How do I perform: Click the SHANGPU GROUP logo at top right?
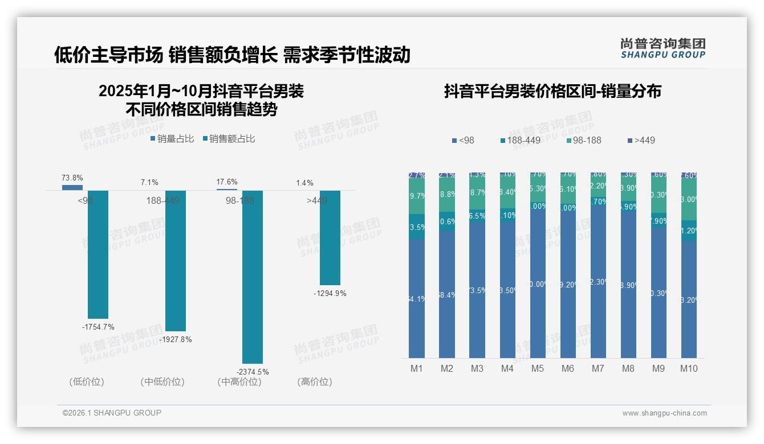pos(663,48)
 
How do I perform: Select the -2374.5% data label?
pos(253,372)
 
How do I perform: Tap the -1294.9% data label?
pos(330,293)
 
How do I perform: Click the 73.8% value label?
pos(72,178)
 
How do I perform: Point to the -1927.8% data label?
pos(176,339)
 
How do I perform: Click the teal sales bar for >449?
pos(330,237)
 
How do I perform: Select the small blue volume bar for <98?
pos(72,187)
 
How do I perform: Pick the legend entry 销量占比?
pos(172,138)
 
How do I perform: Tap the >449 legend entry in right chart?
pos(641,140)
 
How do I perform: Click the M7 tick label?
pos(598,368)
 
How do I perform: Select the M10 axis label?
pos(689,368)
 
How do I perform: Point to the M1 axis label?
pos(417,368)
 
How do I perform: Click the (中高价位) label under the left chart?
pos(239,382)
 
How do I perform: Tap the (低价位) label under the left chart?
pos(86,382)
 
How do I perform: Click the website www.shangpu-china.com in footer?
pos(664,413)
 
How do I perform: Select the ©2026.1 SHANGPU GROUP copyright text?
pos(112,413)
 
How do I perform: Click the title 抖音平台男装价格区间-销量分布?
pos(552,92)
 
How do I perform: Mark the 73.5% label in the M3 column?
pos(477,290)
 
